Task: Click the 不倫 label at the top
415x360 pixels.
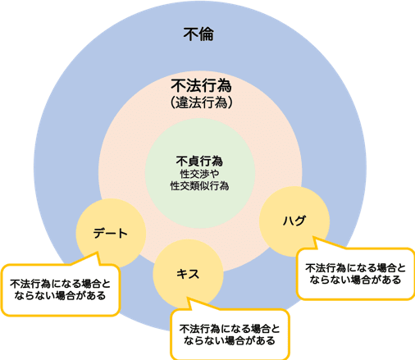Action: [198, 34]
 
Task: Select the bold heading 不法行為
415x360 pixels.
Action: [201, 85]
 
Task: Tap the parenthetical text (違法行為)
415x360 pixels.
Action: [202, 103]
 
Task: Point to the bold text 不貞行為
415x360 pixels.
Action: [199, 161]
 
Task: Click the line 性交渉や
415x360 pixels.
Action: [199, 174]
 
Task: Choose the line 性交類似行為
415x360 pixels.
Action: [199, 186]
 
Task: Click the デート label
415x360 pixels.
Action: [111, 233]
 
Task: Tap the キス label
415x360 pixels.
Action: [188, 274]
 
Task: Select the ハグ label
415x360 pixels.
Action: [294, 221]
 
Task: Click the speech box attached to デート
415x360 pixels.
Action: [61, 290]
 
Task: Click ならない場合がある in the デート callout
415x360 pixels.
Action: [60, 296]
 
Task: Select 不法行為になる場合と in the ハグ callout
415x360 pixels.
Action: [355, 268]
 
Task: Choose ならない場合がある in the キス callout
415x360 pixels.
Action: [230, 340]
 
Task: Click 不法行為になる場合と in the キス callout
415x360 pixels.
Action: [230, 329]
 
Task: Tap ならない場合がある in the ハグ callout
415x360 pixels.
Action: [355, 280]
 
